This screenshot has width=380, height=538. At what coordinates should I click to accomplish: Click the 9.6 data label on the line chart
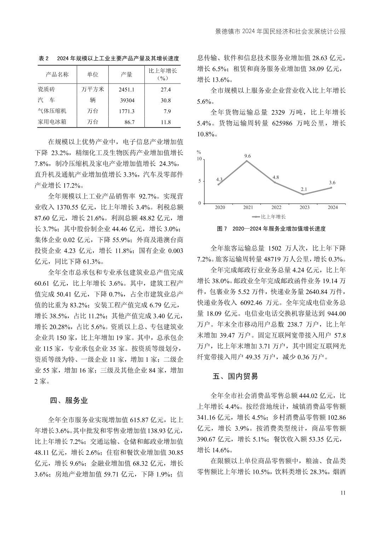pyautogui.click(x=247, y=156)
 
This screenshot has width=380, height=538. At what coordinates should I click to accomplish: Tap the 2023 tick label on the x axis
pyautogui.click(x=304, y=207)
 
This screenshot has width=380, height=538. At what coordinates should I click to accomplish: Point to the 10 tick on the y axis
pyautogui.click(x=199, y=159)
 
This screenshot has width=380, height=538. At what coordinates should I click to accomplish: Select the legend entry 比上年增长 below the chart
pyautogui.click(x=269, y=217)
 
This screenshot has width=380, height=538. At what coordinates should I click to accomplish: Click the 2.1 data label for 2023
pyautogui.click(x=304, y=189)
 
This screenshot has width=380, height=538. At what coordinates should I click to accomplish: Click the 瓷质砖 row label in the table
pyautogui.click(x=47, y=90)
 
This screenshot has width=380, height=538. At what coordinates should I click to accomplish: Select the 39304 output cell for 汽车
pyautogui.click(x=127, y=101)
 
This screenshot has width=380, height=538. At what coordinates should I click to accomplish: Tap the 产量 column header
pyautogui.click(x=127, y=74)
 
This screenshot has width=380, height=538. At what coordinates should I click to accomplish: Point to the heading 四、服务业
pyautogui.click(x=69, y=400)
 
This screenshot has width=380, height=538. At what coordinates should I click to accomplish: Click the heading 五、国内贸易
pyautogui.click(x=235, y=376)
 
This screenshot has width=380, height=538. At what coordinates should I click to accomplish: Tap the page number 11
pyautogui.click(x=342, y=493)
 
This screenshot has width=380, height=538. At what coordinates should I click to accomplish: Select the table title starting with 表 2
pyautogui.click(x=109, y=58)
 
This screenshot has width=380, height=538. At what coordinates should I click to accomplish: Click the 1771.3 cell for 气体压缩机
pyautogui.click(x=127, y=111)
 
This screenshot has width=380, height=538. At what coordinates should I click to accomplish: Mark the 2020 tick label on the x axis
pyautogui.click(x=220, y=207)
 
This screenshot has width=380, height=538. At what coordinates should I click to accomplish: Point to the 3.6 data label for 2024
pyautogui.click(x=332, y=183)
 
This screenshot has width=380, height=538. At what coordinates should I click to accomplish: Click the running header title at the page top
pyautogui.click(x=280, y=32)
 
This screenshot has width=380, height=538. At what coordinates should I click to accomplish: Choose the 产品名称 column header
pyautogui.click(x=57, y=74)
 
